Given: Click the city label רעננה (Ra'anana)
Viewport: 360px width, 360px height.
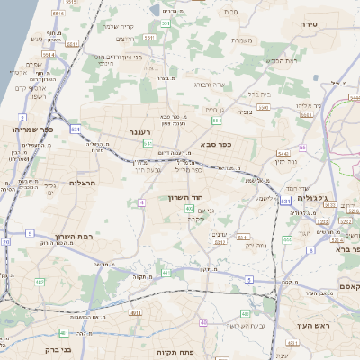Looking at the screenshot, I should click(139, 132).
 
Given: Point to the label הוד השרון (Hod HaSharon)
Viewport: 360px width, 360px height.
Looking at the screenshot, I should click(187, 197).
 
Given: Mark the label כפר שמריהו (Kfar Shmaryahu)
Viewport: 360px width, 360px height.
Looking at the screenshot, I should click(34, 130).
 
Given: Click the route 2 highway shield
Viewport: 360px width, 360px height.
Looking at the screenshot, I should click(22, 117).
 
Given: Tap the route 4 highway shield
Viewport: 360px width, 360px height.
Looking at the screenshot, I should click(142, 202).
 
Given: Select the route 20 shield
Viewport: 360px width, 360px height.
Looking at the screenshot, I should click(5, 241).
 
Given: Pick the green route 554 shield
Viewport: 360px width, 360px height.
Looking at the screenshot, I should click(216, 120).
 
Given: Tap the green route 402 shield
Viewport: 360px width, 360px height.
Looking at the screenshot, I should click(190, 209).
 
